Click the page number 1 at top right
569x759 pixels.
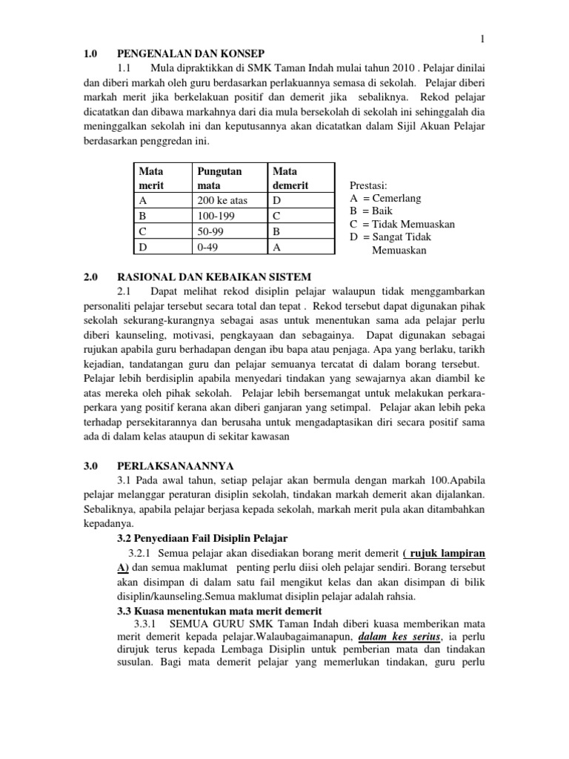pyautogui.click(x=482, y=39)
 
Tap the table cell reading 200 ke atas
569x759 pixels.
pyautogui.click(x=222, y=200)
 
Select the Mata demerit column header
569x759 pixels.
pyautogui.click(x=291, y=178)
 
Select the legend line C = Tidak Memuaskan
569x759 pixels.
pyautogui.click(x=402, y=224)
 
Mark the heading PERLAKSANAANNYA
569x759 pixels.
pyautogui.click(x=176, y=465)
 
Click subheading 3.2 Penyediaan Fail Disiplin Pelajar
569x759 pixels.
pyautogui.click(x=202, y=537)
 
